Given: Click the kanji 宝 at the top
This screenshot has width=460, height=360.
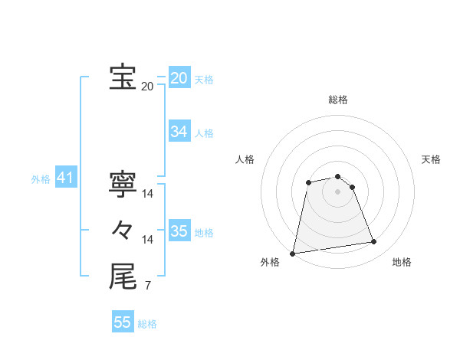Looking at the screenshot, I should [x=123, y=77].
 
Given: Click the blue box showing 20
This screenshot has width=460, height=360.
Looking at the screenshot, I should [x=179, y=78].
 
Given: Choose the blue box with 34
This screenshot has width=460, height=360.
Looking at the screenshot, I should [x=179, y=132].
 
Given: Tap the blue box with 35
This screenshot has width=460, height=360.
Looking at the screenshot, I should [x=179, y=231].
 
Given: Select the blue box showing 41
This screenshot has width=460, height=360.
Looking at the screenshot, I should [x=65, y=178].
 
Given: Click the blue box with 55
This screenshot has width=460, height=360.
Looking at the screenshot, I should [x=123, y=322].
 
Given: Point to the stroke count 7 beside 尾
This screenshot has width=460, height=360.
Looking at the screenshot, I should [x=148, y=286].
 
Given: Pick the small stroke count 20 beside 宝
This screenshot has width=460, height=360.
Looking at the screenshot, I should [x=148, y=87].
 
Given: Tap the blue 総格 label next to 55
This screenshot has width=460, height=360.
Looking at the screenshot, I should [x=147, y=324].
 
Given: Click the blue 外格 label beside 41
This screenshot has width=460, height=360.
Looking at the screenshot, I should [x=41, y=180].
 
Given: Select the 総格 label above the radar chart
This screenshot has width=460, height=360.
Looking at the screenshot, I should [x=338, y=100].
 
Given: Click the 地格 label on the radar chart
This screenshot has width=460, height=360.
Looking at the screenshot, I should [x=402, y=263].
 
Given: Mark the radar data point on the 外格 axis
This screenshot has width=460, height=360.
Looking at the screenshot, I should [x=293, y=253].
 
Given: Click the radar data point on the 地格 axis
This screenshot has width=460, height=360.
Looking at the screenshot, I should [x=374, y=242].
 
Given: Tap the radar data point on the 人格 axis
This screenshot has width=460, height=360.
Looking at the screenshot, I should [x=308, y=182].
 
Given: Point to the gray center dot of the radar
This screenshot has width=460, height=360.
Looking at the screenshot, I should [x=338, y=191].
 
